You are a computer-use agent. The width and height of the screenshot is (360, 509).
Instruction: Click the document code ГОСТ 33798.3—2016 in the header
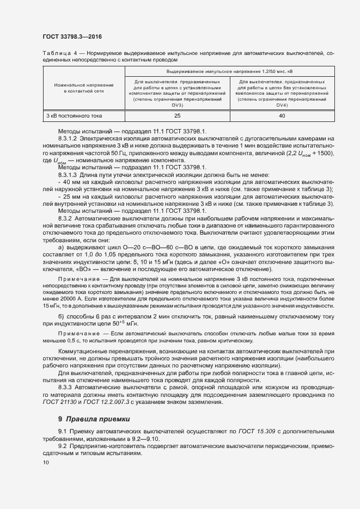pyautogui.click(x=72, y=36)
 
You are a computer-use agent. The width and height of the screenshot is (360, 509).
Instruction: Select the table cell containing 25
pyautogui.click(x=177, y=116)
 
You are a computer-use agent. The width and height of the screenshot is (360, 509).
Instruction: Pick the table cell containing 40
pyautogui.click(x=282, y=116)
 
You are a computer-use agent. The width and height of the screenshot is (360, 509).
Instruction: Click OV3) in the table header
pyautogui.click(x=178, y=105)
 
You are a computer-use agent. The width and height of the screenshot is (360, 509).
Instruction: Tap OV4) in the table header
pyautogui.click(x=282, y=105)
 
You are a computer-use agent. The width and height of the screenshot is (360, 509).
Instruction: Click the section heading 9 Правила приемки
pyautogui.click(x=94, y=419)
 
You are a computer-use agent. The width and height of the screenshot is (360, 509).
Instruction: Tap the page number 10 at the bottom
pyautogui.click(x=45, y=463)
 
